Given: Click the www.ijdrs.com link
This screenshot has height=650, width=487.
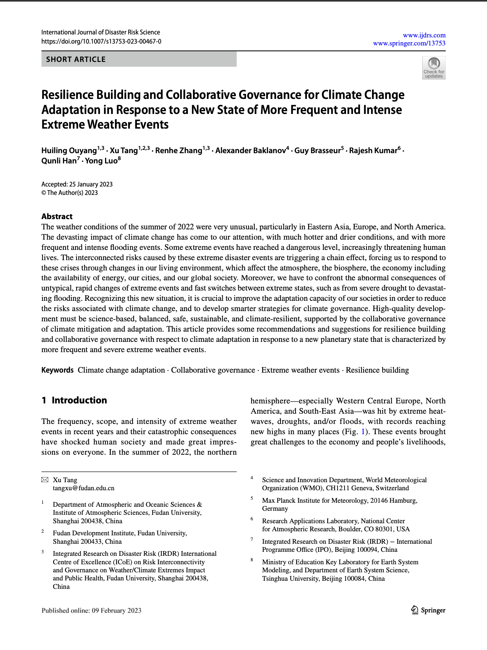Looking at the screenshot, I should coord(424,35).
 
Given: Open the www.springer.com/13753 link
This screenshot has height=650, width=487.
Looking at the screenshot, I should coord(409,43).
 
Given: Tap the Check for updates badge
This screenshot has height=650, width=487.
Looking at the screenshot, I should coord(434,68).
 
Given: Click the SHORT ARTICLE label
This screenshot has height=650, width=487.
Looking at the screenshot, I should coord(76,59).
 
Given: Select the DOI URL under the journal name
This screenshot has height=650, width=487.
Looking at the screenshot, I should coord(101,41).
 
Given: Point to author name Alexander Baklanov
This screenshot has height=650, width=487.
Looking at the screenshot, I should coord(250,151).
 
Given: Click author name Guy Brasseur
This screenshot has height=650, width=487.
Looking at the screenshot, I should coord(317,151).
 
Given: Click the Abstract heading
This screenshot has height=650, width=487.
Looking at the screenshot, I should coord(57,216).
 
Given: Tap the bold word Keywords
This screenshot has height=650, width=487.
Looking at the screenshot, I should coord(57,370).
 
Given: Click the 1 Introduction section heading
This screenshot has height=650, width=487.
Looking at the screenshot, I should coord(74,400).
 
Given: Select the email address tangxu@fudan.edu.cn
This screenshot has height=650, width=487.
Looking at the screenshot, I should coord(83,488).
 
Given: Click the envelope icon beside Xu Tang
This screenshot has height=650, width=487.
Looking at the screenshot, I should coord(45,480).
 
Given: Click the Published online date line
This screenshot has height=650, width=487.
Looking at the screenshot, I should coord(91,610).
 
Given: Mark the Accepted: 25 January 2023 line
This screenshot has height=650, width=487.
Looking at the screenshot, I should coord(77,184).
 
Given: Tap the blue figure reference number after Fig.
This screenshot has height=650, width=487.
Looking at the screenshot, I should coord(363,432).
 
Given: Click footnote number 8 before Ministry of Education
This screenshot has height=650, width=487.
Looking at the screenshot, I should coord(252,560).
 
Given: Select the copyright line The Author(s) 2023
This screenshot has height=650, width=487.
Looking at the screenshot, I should coord(70,193).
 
